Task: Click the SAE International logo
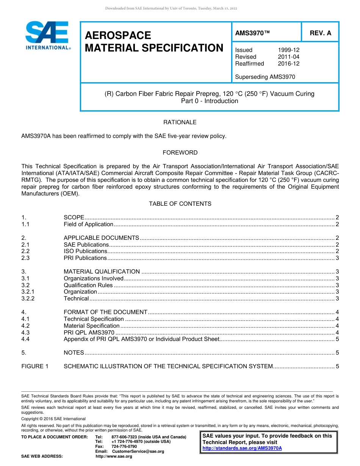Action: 47,35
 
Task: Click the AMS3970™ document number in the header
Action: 252,33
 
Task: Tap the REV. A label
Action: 320,33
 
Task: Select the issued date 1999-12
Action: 288,50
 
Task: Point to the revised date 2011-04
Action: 288,57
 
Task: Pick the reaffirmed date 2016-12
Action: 288,64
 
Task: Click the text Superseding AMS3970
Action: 265,77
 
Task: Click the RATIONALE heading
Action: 180,122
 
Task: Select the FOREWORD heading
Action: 180,153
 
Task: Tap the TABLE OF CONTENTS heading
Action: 180,204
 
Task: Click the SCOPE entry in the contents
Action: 74,217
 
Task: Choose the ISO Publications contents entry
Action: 85,251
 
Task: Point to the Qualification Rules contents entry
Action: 88,285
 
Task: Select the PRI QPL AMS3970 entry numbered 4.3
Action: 89,333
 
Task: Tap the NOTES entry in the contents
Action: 74,353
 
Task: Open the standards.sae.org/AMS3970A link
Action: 242,448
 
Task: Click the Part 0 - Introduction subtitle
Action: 209,101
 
